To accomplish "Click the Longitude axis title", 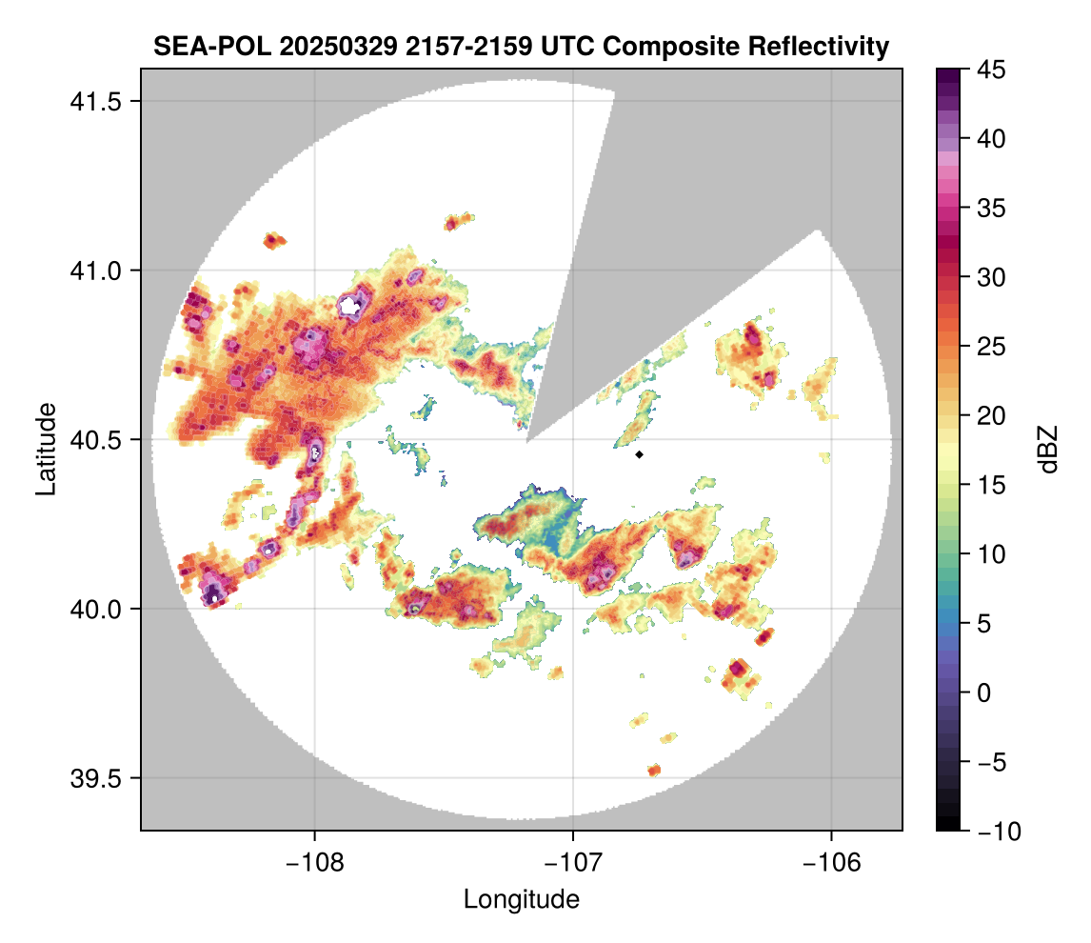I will pos(521,898).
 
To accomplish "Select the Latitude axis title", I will pos(45,449).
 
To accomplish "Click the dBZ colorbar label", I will pos(1048,449).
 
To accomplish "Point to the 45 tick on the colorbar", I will pos(993,70).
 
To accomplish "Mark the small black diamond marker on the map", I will pos(640,454).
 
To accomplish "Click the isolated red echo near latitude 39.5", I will pos(654,770).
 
